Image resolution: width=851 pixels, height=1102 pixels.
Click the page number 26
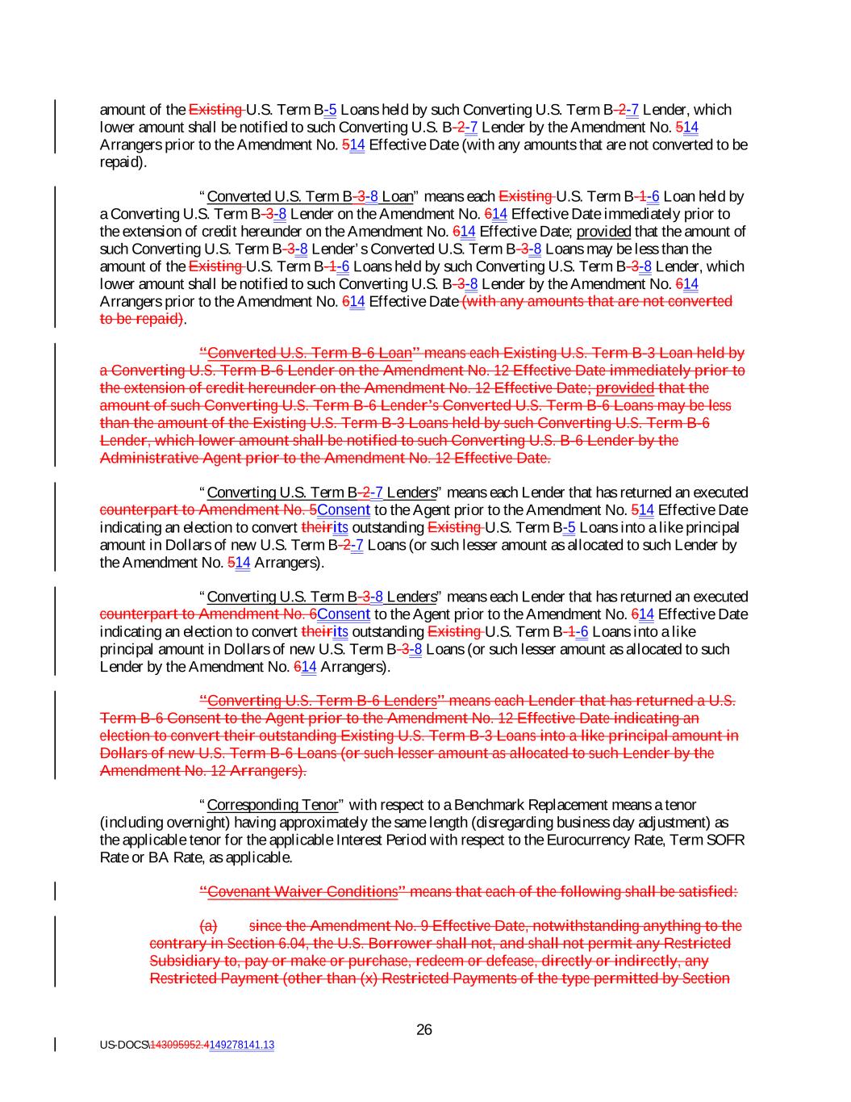pos(424,1029)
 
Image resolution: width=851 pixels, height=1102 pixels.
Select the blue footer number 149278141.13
pos(241,1045)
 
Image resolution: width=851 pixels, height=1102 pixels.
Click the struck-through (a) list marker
pos(207,926)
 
